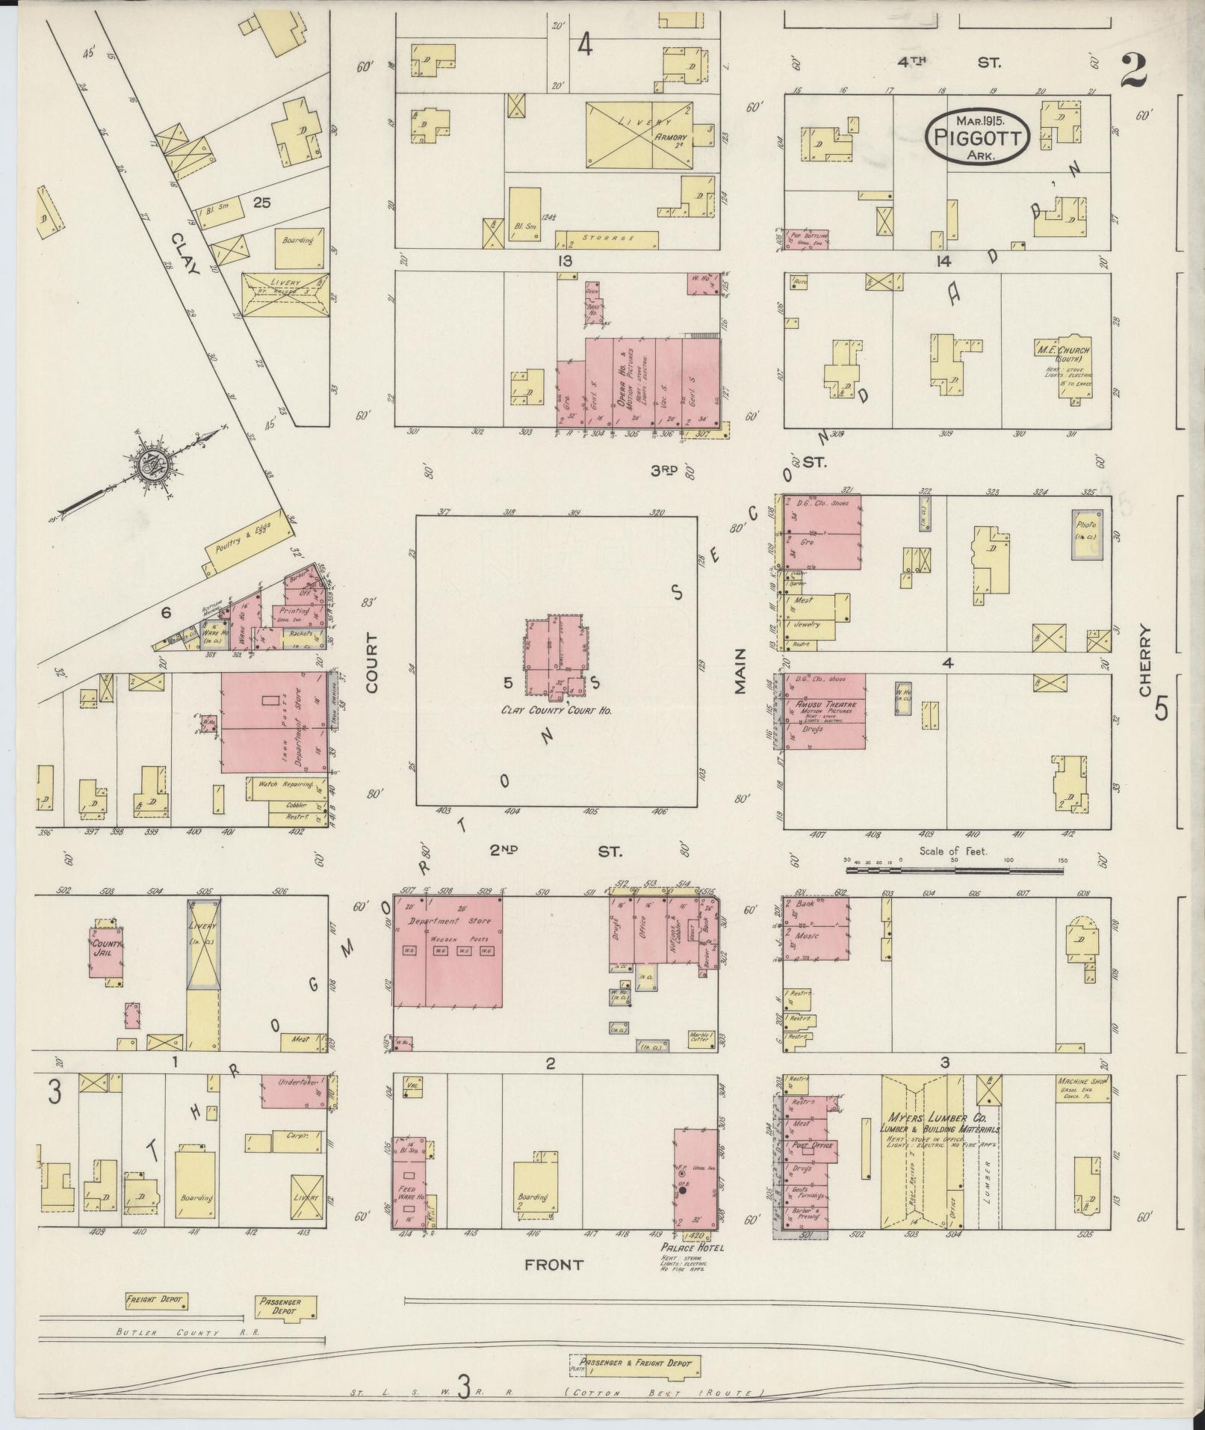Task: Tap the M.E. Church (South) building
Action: point(1073,363)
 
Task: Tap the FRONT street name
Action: point(554,1264)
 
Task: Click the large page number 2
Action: point(1133,73)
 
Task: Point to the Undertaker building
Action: point(297,1082)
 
